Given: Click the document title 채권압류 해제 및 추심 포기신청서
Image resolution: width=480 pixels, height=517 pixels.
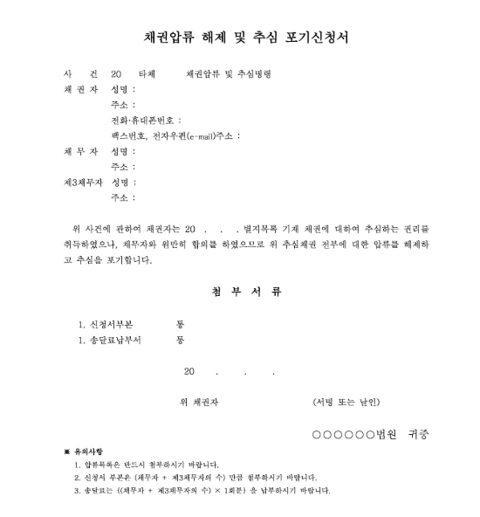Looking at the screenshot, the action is coord(240,38).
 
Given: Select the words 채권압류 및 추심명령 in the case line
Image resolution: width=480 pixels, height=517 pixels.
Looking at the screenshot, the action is coord(229,74).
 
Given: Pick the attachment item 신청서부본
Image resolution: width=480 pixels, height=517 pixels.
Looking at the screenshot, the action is coord(110,323).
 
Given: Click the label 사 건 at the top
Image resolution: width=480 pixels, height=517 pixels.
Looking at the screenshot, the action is coord(73,74).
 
